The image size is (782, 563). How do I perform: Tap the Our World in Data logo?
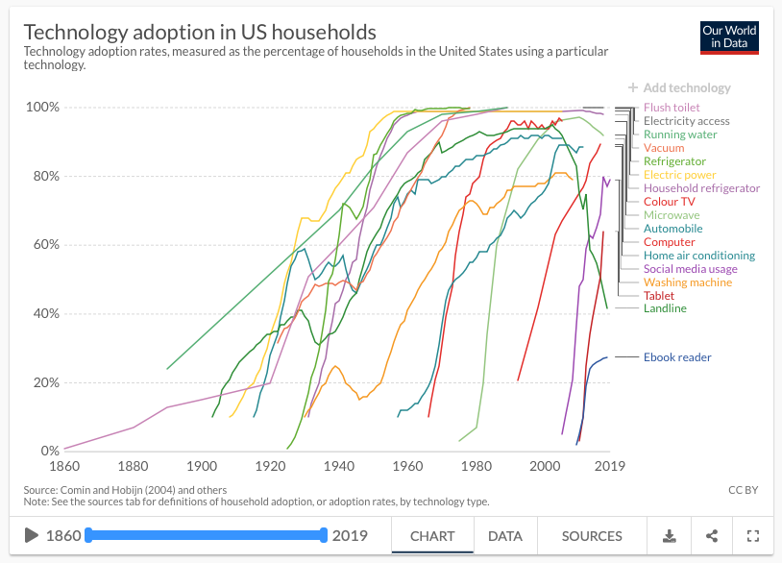(x=730, y=37)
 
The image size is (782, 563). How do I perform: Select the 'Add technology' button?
(x=679, y=87)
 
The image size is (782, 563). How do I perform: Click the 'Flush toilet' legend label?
(x=672, y=108)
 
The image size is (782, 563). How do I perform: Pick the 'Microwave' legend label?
(x=672, y=215)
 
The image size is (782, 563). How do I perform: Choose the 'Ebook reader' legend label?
(x=677, y=357)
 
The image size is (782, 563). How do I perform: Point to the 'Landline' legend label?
(x=665, y=308)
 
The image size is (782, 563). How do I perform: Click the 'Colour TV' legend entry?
(x=670, y=202)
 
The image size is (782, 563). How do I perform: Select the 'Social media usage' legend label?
(x=691, y=269)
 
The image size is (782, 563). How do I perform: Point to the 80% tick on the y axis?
(x=43, y=176)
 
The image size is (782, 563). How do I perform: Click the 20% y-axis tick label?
(x=43, y=382)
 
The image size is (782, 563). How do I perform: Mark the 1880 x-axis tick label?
(x=133, y=466)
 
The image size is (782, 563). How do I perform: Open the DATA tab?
(x=504, y=536)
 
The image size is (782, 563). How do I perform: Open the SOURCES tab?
(x=592, y=536)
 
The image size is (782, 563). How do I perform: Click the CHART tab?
(x=432, y=536)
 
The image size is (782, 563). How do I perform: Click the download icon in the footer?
(x=669, y=536)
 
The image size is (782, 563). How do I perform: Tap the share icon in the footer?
(x=711, y=536)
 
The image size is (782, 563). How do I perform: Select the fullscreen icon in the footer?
(x=753, y=536)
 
